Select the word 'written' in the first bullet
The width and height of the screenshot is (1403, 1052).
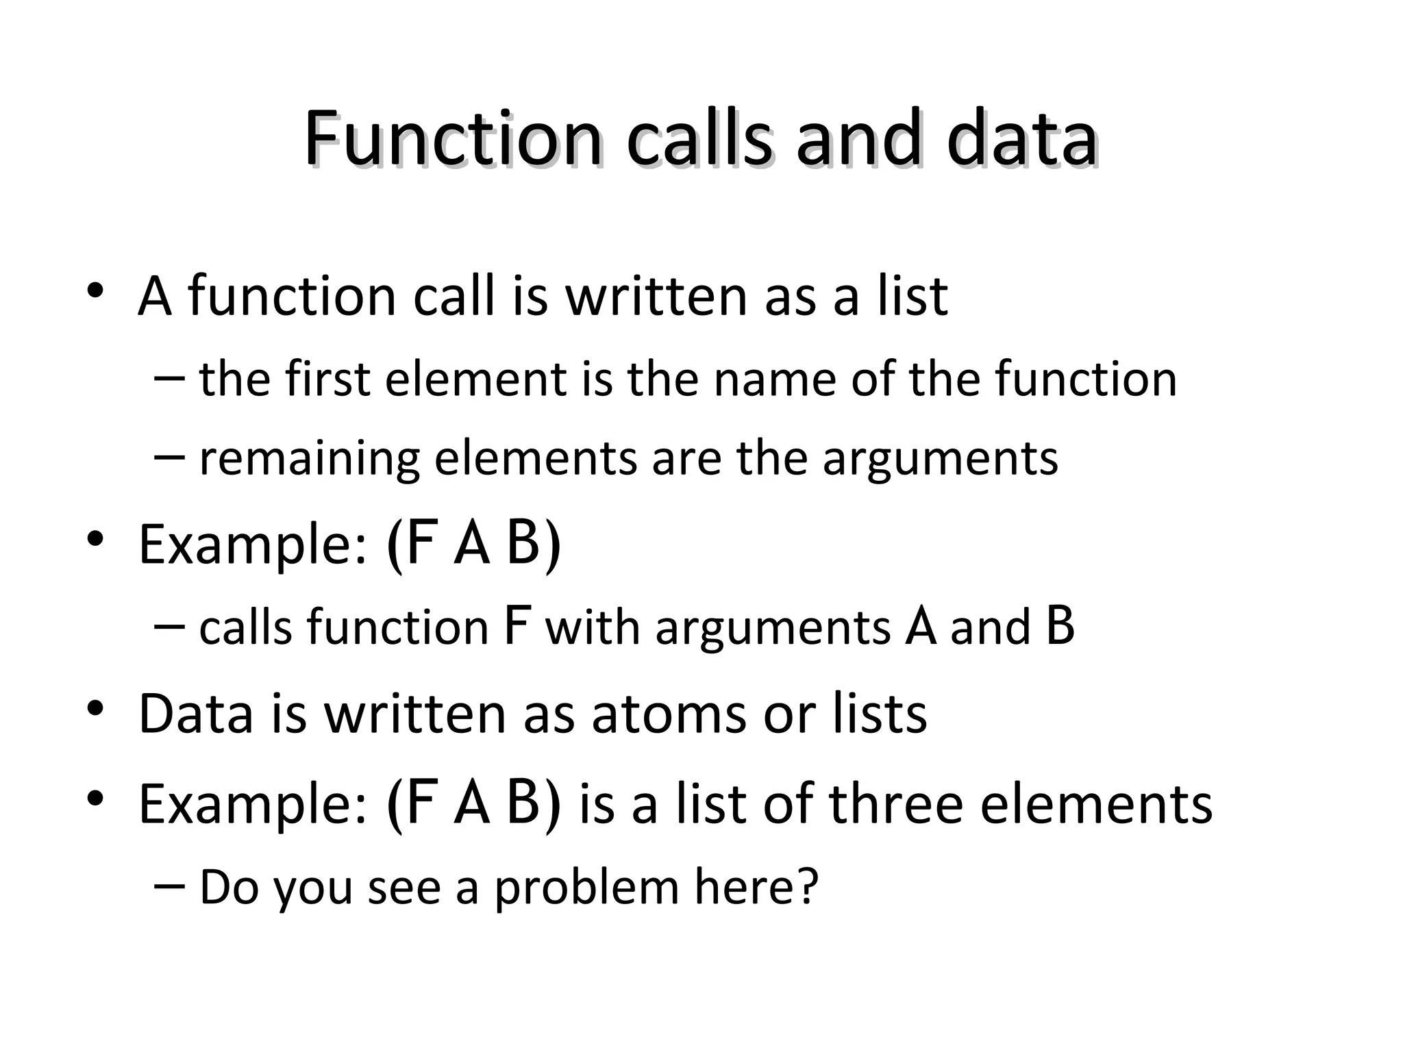click(x=656, y=296)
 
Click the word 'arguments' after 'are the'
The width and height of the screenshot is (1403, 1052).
click(x=940, y=459)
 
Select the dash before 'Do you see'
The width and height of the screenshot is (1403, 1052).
click(x=170, y=886)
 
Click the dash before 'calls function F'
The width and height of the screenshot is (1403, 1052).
click(x=170, y=626)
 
